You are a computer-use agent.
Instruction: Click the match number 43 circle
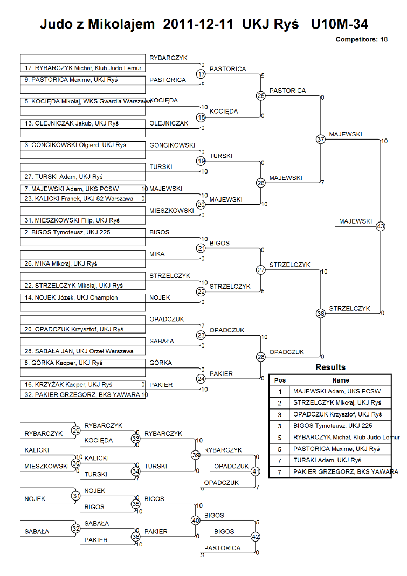click(381, 226)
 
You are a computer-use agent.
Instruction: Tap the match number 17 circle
click(201, 74)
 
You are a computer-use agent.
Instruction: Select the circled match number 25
click(261, 95)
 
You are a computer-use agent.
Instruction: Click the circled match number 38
click(321, 314)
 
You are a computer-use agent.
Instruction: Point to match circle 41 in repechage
click(256, 471)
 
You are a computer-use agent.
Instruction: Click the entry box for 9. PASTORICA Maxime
click(82, 80)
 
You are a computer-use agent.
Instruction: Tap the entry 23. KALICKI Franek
click(82, 199)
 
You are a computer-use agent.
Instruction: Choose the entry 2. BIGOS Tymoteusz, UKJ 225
click(82, 233)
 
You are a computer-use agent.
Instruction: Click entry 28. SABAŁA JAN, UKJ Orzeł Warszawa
click(82, 351)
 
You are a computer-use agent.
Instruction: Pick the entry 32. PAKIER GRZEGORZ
click(82, 394)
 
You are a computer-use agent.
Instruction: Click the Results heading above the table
click(330, 367)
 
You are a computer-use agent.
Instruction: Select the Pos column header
click(280, 380)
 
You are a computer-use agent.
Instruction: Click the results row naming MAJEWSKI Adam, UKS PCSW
click(337, 392)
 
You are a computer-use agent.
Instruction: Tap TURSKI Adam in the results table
click(315, 460)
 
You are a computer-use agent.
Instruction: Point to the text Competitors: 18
click(361, 39)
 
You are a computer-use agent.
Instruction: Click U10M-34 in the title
click(340, 24)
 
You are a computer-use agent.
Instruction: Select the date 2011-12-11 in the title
click(198, 24)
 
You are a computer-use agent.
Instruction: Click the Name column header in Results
click(341, 380)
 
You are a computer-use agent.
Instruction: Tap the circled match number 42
click(256, 537)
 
